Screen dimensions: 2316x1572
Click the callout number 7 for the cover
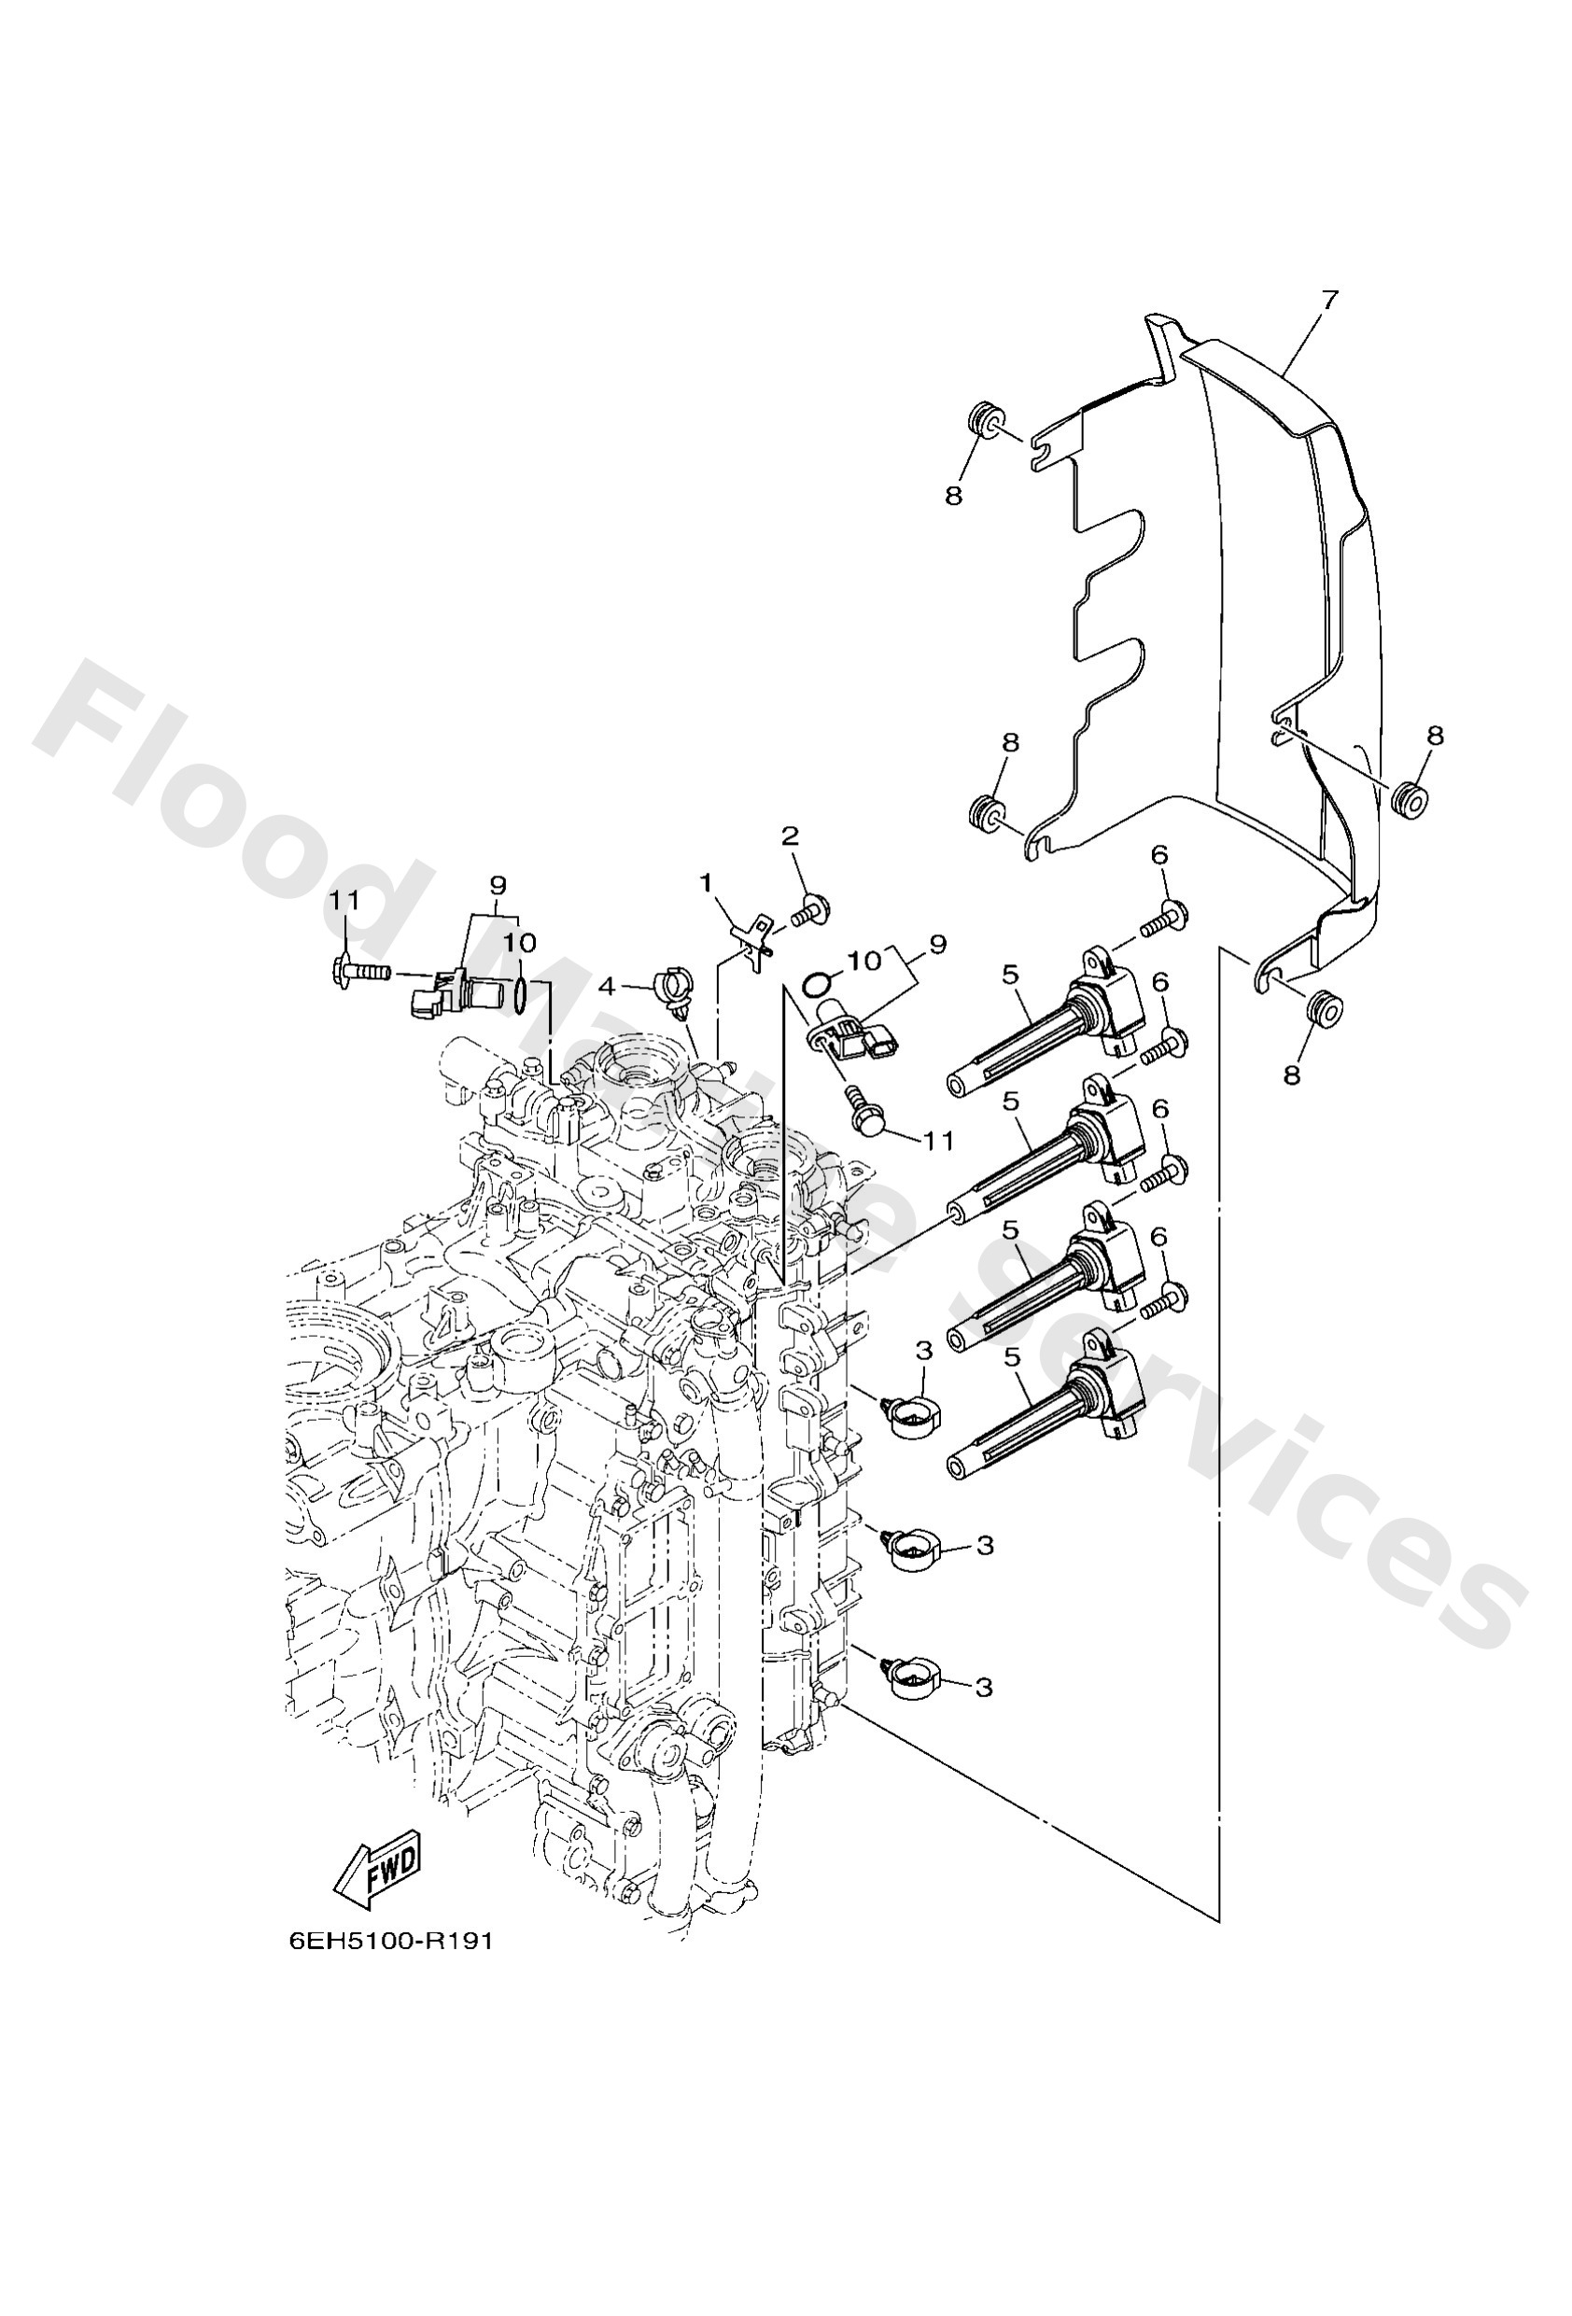pos(1330,300)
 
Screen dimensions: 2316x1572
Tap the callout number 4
pos(608,988)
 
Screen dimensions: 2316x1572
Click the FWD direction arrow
pos(378,1864)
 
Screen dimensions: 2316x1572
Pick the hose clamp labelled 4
pos(670,990)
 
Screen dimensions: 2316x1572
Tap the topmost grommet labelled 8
pos(984,418)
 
